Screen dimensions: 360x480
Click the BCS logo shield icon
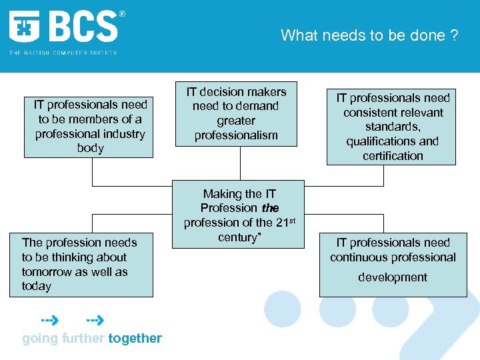click(x=25, y=27)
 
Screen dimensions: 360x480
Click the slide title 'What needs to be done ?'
click(x=369, y=35)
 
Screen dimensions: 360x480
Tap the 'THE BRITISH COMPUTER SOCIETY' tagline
click(x=63, y=53)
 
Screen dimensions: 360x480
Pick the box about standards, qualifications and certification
click(x=391, y=127)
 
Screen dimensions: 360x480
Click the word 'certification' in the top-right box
click(x=393, y=156)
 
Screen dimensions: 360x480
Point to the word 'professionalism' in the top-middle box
click(x=236, y=136)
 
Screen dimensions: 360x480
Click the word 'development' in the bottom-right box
click(x=393, y=277)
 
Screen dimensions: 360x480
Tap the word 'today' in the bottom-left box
click(x=37, y=286)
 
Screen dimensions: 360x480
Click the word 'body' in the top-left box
click(x=91, y=148)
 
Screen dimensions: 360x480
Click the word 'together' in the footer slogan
click(x=135, y=338)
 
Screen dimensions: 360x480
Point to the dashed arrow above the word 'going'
click(x=49, y=320)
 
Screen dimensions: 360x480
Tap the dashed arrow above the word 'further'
click(x=95, y=320)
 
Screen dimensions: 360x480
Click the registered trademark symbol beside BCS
click(x=122, y=14)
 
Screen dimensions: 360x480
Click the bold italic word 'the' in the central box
click(x=271, y=208)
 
